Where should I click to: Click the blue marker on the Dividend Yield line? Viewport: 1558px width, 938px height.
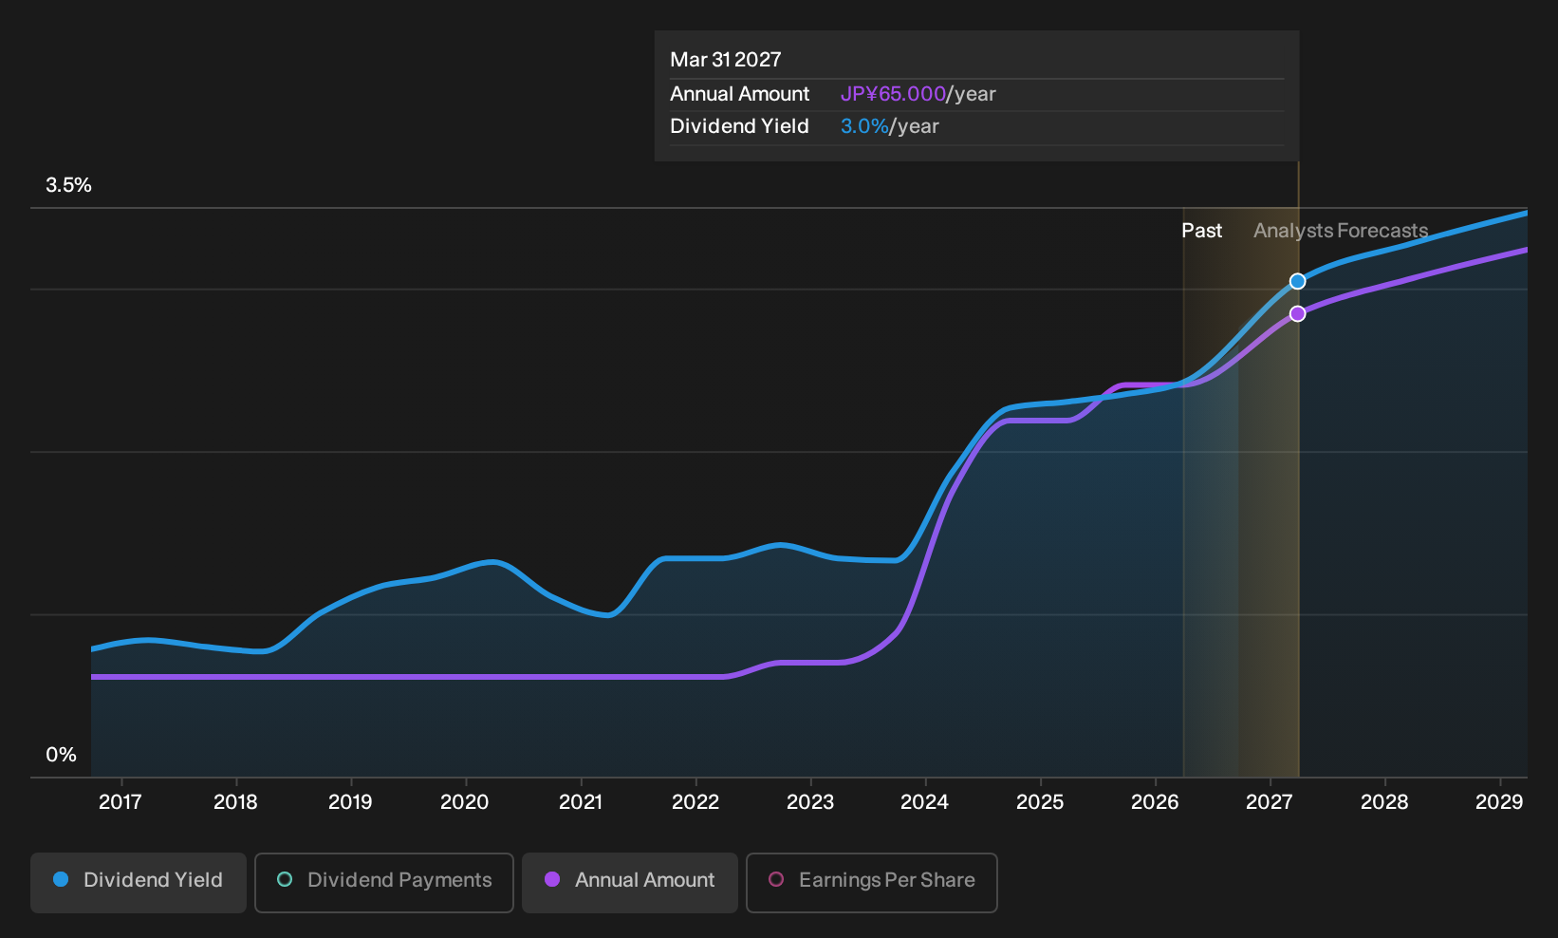coord(1297,281)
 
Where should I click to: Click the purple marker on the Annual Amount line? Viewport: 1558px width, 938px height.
coord(1297,314)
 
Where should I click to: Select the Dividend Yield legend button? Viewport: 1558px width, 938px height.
coord(139,882)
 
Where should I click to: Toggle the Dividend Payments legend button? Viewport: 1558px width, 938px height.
coord(384,882)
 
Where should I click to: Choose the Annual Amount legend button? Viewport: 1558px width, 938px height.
coord(629,882)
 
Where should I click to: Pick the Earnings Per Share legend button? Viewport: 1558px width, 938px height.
coord(871,882)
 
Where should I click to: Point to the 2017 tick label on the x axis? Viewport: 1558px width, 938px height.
coord(121,802)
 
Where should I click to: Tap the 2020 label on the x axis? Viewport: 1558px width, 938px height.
coord(465,802)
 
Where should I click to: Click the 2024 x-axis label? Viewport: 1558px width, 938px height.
coord(924,802)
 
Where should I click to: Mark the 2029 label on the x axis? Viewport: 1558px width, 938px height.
coord(1499,802)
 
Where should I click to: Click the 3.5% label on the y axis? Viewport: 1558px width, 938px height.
coord(68,185)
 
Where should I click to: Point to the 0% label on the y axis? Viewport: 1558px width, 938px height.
coord(62,755)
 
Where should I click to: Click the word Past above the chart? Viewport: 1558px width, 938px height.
coord(1201,231)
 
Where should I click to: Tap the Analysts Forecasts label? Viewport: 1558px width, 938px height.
coord(1341,231)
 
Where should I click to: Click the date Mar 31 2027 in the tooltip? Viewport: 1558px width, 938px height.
coord(726,60)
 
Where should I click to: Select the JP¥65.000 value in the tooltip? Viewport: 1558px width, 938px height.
coord(893,94)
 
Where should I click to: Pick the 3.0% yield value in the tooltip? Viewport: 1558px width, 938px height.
coord(864,126)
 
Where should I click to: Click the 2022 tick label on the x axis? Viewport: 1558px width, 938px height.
coord(695,802)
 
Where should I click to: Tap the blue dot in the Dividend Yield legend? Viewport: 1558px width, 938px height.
coord(62,879)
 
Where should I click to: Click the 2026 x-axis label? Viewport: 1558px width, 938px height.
coord(1155,802)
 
